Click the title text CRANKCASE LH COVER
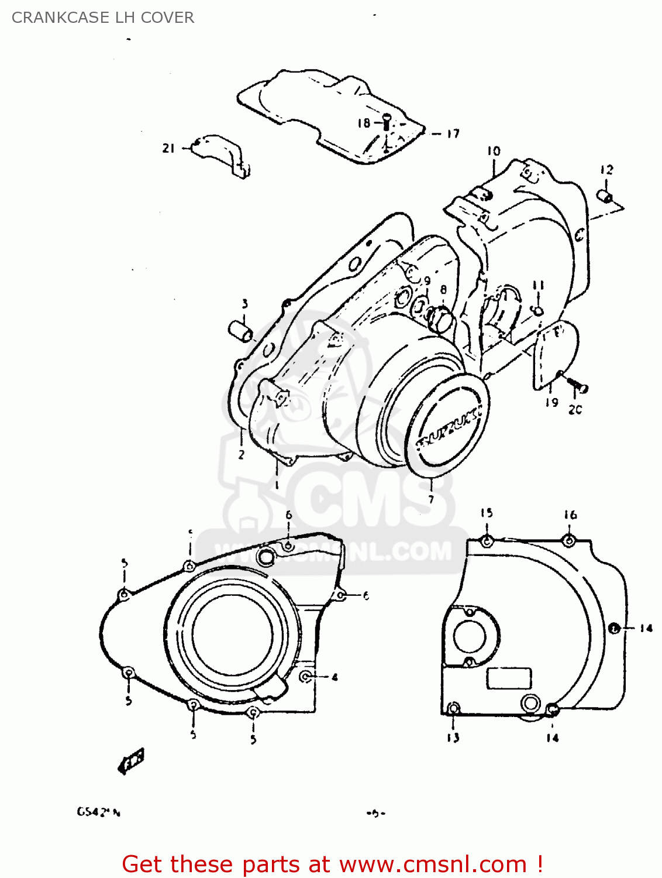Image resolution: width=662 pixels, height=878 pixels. (x=103, y=18)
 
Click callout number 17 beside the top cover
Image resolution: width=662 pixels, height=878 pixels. (x=453, y=134)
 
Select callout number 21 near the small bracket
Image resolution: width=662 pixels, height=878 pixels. (x=168, y=149)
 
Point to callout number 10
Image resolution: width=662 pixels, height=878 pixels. (x=494, y=151)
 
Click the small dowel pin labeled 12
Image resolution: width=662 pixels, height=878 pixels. (x=605, y=196)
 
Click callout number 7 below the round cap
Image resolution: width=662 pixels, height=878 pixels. (x=431, y=499)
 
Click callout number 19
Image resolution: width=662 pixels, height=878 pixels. (x=551, y=403)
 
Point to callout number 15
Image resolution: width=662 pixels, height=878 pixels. (x=487, y=513)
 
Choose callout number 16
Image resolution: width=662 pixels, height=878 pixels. (x=570, y=515)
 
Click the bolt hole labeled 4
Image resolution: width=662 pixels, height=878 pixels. (x=305, y=677)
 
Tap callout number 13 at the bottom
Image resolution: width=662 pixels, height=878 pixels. (x=453, y=738)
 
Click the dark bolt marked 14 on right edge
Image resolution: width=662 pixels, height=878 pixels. (x=613, y=629)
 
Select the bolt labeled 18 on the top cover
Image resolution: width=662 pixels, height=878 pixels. (x=387, y=123)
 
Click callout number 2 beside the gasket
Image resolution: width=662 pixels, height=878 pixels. (x=241, y=454)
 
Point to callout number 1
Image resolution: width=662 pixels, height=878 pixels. (x=277, y=485)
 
